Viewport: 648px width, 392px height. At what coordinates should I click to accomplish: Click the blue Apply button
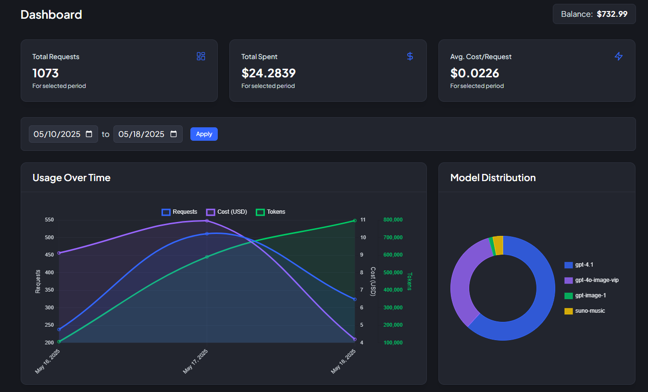click(204, 134)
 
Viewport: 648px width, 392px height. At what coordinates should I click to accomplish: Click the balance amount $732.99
click(612, 14)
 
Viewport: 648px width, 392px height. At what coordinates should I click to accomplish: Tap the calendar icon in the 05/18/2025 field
click(174, 134)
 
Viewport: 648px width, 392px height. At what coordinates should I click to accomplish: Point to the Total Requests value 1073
click(46, 73)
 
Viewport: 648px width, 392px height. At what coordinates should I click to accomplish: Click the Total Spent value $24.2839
click(268, 73)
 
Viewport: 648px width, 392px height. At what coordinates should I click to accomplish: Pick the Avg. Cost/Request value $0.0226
click(474, 73)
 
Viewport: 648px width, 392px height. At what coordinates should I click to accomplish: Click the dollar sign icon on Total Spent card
click(410, 56)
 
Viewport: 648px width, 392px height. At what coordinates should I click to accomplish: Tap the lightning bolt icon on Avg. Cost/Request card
click(619, 56)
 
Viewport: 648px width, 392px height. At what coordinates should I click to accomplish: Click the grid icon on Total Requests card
click(201, 56)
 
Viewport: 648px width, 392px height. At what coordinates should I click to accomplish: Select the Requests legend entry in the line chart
click(180, 212)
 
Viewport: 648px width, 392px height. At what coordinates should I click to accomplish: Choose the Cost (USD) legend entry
click(226, 212)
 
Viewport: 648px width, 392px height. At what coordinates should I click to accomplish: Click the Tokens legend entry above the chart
click(271, 212)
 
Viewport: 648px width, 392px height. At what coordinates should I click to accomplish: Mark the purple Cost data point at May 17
click(207, 220)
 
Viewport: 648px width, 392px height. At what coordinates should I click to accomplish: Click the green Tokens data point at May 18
click(355, 220)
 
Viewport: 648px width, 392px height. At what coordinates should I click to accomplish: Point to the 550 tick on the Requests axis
click(49, 220)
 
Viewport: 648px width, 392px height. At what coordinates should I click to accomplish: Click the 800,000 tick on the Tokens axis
click(393, 220)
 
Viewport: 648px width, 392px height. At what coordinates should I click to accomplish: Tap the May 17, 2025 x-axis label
click(196, 362)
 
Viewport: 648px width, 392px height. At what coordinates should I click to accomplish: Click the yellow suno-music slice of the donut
click(498, 245)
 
